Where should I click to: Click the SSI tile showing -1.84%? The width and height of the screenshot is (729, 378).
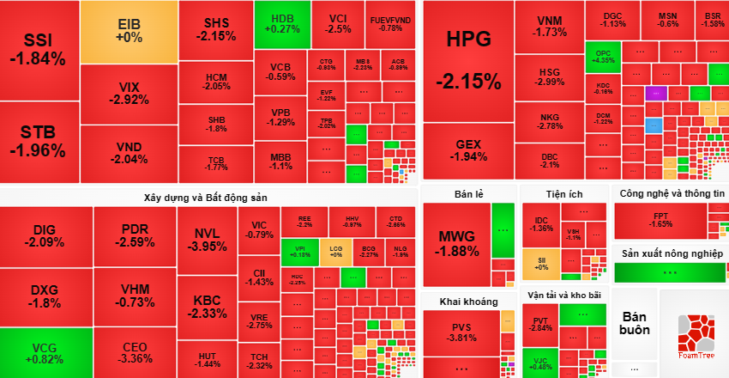(x=38, y=50)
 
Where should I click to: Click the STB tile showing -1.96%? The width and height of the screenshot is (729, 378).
(x=38, y=142)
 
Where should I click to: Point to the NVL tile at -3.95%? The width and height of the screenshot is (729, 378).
(x=207, y=240)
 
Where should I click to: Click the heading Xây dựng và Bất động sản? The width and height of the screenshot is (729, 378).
(x=206, y=198)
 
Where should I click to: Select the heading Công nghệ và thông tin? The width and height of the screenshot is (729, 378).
(x=672, y=194)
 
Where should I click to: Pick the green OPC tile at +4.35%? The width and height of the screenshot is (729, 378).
(x=604, y=57)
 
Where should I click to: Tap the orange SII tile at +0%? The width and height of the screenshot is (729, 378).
(x=541, y=263)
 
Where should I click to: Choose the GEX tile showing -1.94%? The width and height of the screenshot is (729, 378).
(x=468, y=150)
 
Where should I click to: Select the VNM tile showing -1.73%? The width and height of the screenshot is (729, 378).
(x=551, y=26)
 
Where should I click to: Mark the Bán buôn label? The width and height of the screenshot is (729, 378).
(x=636, y=322)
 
